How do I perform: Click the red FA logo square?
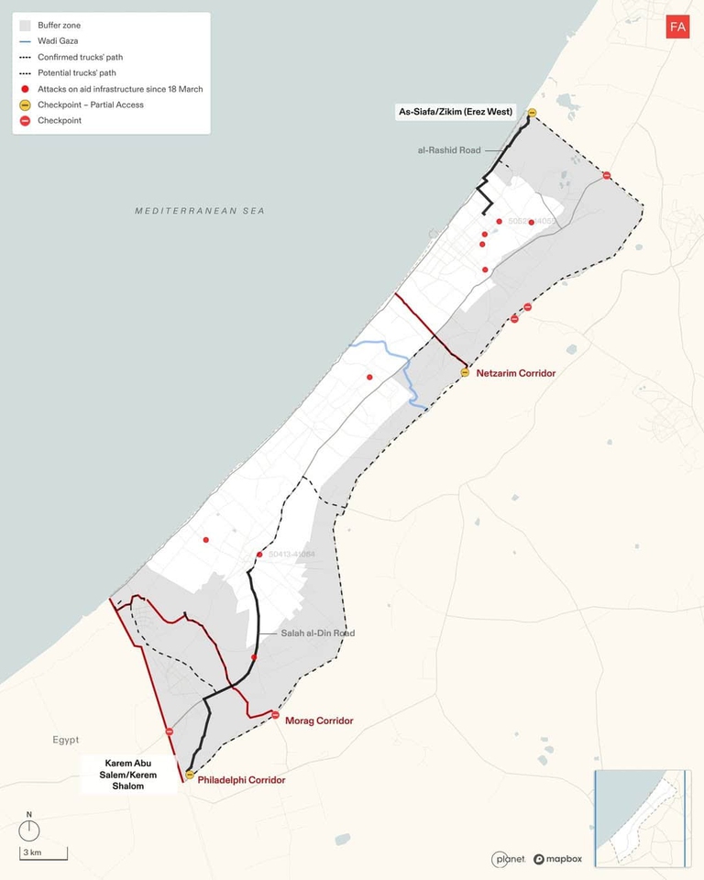point(677,27)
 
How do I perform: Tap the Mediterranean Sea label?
point(200,211)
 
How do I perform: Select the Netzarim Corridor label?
point(516,373)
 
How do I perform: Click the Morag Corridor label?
point(319,721)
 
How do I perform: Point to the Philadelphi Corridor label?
point(242,780)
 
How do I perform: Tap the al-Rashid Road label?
point(449,149)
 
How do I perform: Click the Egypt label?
point(65,740)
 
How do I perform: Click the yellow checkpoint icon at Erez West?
point(532,113)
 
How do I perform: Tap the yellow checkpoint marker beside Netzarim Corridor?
point(465,372)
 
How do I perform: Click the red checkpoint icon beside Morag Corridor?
point(275,715)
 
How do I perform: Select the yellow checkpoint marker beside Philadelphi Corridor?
point(190,775)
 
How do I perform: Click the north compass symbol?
point(29,829)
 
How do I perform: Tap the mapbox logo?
point(558,859)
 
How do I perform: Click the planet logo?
point(509,859)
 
